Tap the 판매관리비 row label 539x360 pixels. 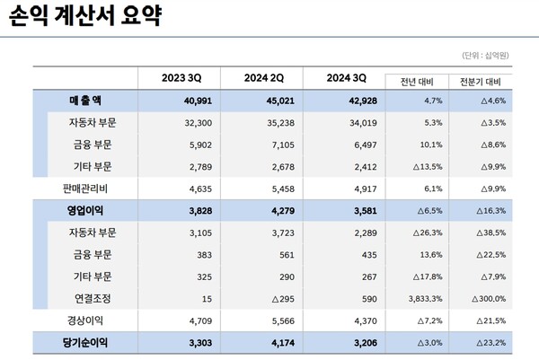[x=86, y=186]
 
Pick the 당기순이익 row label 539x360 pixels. [x=86, y=340]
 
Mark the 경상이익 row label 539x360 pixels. [x=86, y=318]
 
